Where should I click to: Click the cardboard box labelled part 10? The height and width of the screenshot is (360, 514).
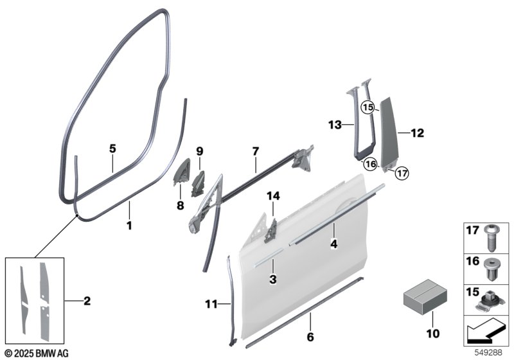425,298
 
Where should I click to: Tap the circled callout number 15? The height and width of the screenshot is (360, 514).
368,107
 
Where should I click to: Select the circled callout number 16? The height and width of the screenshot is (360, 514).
371,164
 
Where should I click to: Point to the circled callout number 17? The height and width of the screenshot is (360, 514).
402,173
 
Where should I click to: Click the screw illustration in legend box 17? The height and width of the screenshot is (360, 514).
491,238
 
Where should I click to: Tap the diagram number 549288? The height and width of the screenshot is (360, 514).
489,353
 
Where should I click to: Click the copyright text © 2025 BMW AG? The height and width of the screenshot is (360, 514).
37,354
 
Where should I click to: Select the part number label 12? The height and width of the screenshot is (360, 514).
417,133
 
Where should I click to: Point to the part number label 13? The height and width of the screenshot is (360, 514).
335,125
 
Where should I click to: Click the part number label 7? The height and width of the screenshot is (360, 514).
255,151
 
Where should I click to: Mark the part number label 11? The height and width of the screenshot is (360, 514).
211,305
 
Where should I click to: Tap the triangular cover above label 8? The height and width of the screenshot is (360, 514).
182,172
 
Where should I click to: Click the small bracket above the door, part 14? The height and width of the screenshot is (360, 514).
271,231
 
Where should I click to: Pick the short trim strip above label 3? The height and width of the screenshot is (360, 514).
268,258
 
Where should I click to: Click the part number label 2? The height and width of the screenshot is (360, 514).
87,301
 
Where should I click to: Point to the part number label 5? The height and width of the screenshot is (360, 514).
112,149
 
